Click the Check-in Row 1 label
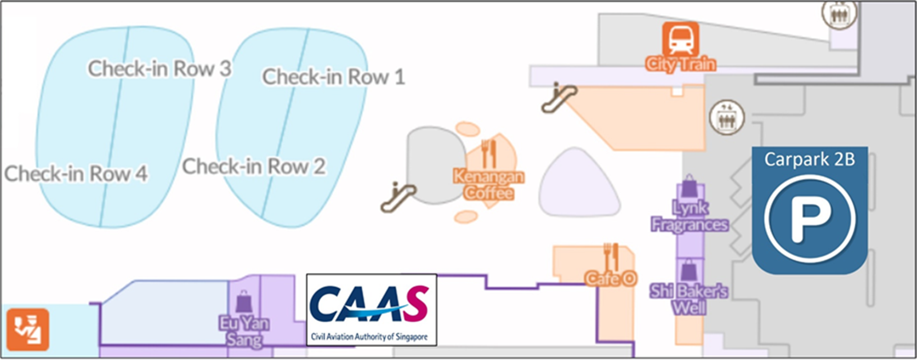click(x=333, y=77)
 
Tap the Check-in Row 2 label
click(x=254, y=167)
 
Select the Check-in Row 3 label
click(x=159, y=69)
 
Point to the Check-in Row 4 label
click(x=76, y=173)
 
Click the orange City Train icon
click(x=681, y=39)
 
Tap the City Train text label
click(x=681, y=64)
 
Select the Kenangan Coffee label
click(x=488, y=184)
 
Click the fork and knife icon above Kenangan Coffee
click(x=488, y=153)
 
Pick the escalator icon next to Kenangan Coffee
click(x=398, y=196)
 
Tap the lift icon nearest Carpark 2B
click(x=726, y=117)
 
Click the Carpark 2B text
click(x=809, y=159)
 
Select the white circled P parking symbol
click(x=809, y=218)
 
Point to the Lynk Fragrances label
click(x=689, y=216)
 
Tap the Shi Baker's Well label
click(x=689, y=299)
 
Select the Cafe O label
click(x=611, y=279)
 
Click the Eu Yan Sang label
click(x=244, y=331)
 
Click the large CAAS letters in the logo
click(x=369, y=304)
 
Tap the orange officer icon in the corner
click(x=27, y=330)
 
